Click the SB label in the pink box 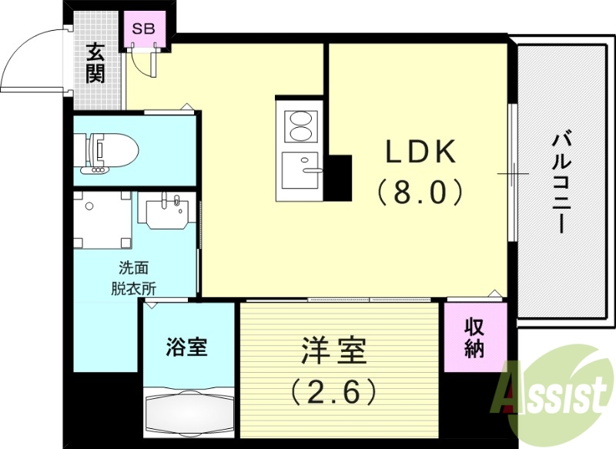pos(144,30)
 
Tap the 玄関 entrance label pos(95,64)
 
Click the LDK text pos(421,152)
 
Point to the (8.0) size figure pos(420,190)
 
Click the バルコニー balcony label pos(561,183)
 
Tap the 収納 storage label pos(474,337)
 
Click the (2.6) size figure pos(333,392)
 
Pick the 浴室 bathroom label pos(187,347)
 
